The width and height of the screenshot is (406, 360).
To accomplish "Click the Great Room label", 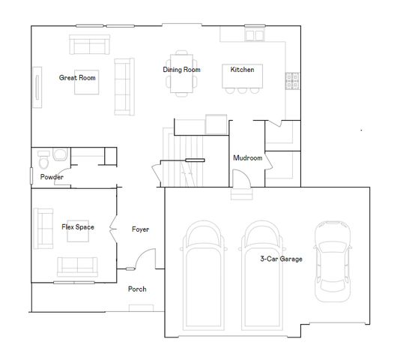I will [x=77, y=76].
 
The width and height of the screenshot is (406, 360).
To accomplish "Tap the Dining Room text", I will [x=182, y=70].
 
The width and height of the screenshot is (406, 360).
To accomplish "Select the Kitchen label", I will [x=242, y=70].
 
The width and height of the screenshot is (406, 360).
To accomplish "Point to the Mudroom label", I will [x=247, y=158].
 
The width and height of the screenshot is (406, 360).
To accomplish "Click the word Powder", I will [x=52, y=177].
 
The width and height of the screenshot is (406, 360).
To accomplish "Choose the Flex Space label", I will [x=78, y=226].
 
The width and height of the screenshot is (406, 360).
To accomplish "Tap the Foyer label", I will [x=141, y=229].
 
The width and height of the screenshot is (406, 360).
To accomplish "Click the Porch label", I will [x=137, y=289].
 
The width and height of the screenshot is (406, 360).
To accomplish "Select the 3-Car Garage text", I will [x=281, y=259].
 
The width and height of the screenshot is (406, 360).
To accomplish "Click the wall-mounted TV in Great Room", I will [x=36, y=82].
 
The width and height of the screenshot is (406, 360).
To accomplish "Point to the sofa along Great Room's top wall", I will [x=89, y=46].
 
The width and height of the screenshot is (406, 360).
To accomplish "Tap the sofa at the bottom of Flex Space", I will [x=78, y=265].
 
